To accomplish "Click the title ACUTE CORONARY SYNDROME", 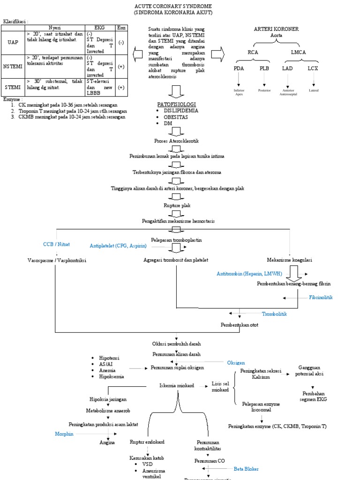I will click(x=173, y=6).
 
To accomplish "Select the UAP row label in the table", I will click(x=13, y=42).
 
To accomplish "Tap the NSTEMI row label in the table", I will click(x=13, y=67).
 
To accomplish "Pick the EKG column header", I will click(x=99, y=28).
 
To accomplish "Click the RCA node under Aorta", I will click(x=253, y=52).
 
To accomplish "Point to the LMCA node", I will click(x=298, y=52).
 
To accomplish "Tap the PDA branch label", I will click(x=239, y=68).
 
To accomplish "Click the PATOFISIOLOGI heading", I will click(x=176, y=104).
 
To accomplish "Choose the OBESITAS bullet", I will click(x=176, y=117).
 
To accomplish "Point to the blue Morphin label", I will click(x=64, y=434).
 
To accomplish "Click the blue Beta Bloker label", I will click(x=246, y=468).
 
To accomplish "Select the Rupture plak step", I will click(x=177, y=205).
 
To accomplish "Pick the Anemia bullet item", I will click(x=107, y=370).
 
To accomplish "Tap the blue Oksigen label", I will click(x=236, y=363).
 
